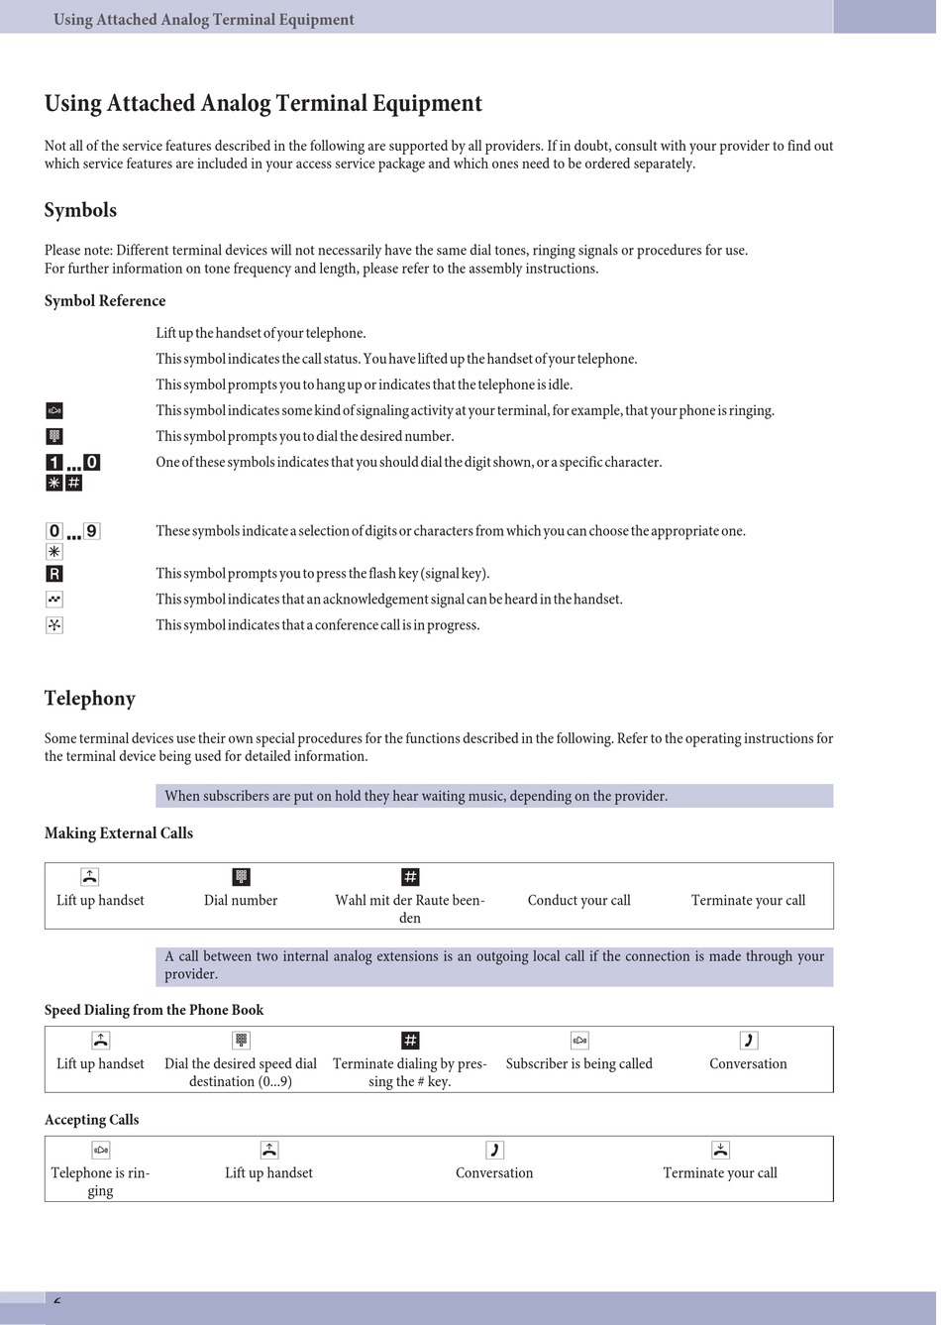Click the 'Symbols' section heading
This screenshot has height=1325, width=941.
tap(80, 210)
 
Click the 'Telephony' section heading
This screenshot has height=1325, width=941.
tap(89, 699)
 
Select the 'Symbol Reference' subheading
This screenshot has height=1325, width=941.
tap(105, 301)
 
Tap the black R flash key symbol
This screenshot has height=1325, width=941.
tap(54, 574)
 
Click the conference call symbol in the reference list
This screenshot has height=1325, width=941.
tap(54, 625)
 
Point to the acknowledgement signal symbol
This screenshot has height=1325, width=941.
tap(54, 600)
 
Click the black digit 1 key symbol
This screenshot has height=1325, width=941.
tap(54, 463)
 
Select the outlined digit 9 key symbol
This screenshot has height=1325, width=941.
tap(92, 531)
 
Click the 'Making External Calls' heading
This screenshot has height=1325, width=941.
tap(119, 833)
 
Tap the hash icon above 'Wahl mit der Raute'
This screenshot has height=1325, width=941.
tap(410, 877)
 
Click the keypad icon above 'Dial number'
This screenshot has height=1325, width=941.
tap(241, 877)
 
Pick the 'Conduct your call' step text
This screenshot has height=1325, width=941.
tap(578, 901)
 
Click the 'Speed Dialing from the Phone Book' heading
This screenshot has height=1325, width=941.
tap(154, 1011)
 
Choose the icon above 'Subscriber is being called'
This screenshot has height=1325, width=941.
tap(579, 1041)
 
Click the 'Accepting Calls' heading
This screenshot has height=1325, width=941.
tap(91, 1120)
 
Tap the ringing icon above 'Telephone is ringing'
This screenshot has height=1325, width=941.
tap(100, 1151)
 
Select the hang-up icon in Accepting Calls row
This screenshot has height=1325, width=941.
tap(720, 1151)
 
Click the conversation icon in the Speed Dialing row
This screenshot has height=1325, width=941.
tap(748, 1041)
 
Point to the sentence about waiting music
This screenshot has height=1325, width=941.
tap(416, 797)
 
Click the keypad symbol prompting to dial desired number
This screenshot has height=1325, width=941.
tap(54, 437)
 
